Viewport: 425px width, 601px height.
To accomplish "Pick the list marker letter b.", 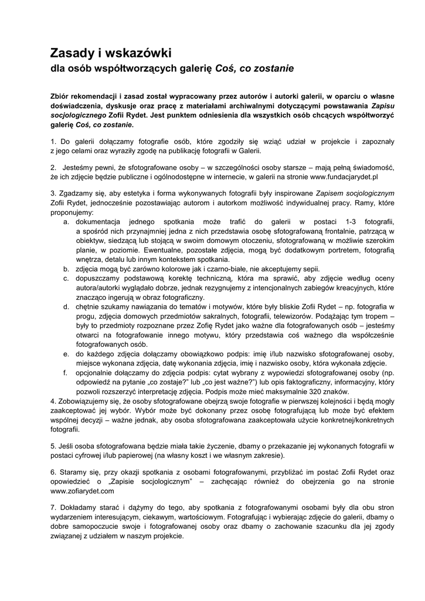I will (66, 268).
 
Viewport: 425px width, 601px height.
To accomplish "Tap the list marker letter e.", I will (66, 354).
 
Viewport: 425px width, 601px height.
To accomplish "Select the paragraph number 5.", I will (53, 446).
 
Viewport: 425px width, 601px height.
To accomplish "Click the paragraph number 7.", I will (53, 507).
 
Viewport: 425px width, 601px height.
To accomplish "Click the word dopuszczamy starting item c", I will (101, 278).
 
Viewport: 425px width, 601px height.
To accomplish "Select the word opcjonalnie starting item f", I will (97, 373).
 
